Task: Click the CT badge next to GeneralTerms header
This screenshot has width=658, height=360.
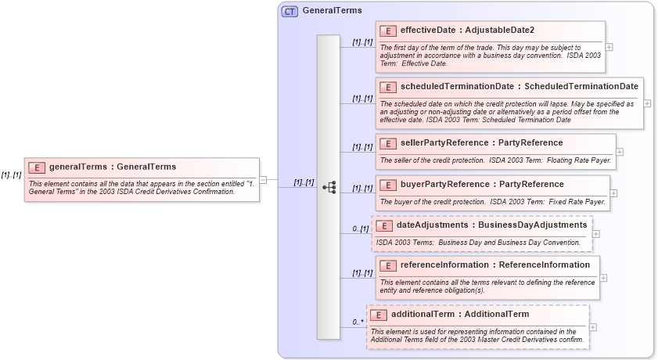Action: click(289, 11)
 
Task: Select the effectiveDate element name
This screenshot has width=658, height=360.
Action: click(428, 31)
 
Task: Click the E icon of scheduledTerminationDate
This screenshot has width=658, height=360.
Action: click(388, 86)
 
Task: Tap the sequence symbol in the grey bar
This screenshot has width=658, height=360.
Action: click(329, 187)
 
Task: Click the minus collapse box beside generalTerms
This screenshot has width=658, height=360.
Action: click(263, 180)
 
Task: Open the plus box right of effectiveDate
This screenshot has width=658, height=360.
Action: click(609, 47)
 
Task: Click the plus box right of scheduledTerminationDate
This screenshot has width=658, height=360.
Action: click(647, 103)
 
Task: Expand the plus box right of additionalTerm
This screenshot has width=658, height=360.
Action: click(592, 328)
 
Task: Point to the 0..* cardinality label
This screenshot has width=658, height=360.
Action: click(358, 321)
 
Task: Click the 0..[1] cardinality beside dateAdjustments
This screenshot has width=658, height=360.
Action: click(361, 229)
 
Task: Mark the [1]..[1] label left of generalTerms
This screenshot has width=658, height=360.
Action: click(11, 175)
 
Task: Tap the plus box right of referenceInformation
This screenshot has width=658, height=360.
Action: click(603, 278)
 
